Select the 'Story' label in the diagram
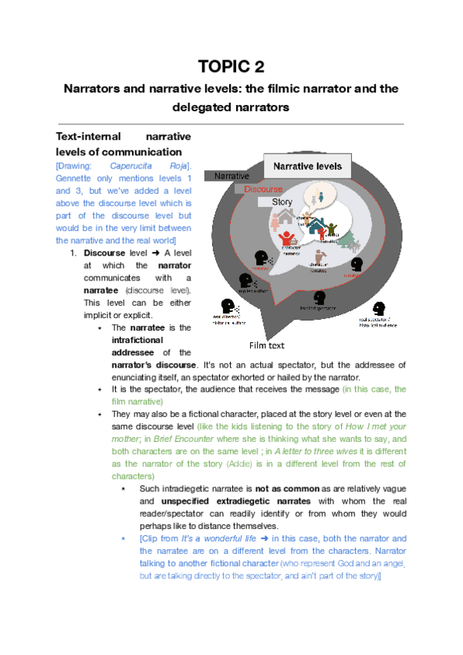(x=282, y=202)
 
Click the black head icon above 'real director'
(x=229, y=306)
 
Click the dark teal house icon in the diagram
(x=316, y=226)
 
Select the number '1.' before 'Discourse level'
(x=74, y=253)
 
